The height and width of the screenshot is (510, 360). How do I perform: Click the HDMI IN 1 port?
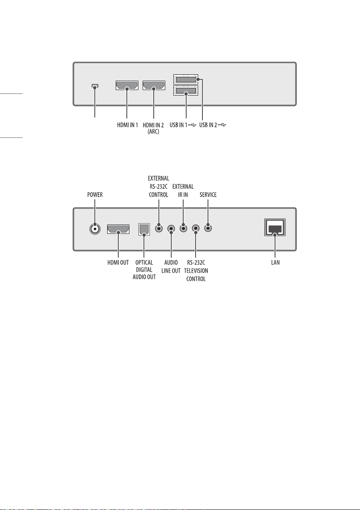click(x=127, y=86)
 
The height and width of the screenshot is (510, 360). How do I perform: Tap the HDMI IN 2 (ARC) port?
click(x=154, y=86)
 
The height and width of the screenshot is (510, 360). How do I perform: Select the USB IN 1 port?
click(x=186, y=91)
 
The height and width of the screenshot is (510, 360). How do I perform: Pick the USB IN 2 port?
click(x=186, y=79)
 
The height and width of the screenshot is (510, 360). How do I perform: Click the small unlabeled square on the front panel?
click(x=95, y=87)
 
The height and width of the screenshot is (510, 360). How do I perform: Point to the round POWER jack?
click(x=95, y=229)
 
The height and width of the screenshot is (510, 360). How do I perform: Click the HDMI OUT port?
click(x=118, y=229)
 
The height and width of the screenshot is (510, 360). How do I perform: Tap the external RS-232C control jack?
click(x=159, y=228)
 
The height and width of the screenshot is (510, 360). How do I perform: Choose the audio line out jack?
click(x=171, y=229)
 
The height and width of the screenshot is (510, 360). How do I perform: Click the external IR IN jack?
click(x=184, y=228)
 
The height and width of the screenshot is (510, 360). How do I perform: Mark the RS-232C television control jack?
click(x=196, y=229)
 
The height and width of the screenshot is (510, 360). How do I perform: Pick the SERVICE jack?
click(x=208, y=228)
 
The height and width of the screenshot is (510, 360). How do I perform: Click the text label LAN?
click(x=275, y=262)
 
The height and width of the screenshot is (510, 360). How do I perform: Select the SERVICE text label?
click(x=208, y=195)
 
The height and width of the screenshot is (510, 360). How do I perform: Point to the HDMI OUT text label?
click(x=118, y=262)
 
